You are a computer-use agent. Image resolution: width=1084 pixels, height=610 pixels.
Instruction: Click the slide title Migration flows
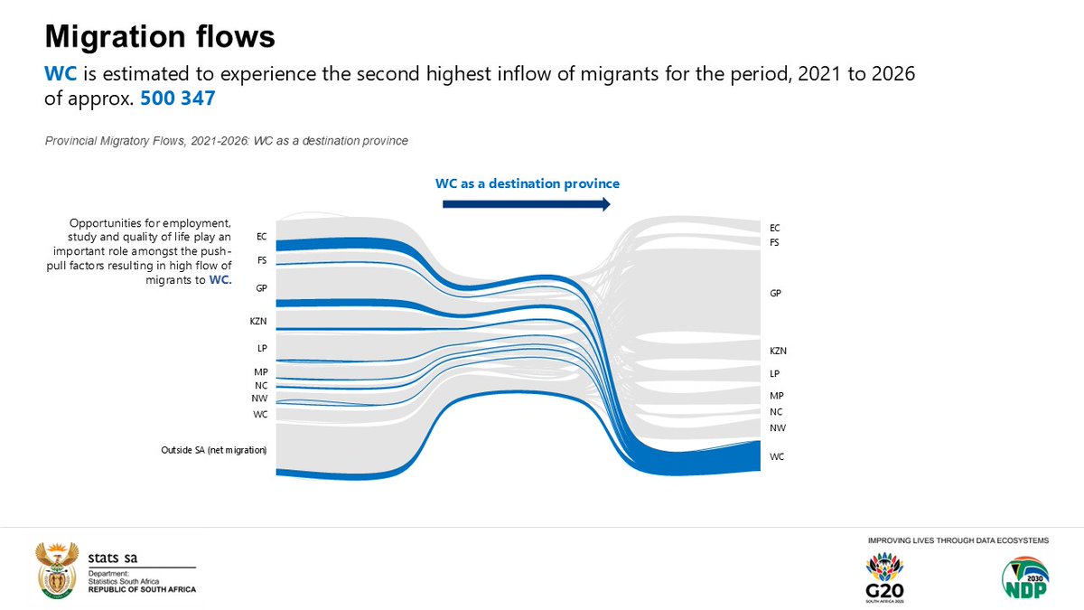click(x=160, y=37)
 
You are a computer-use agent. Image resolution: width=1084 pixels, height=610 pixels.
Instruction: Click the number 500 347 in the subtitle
click(x=177, y=99)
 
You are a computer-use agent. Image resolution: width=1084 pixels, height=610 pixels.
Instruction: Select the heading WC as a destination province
click(x=528, y=183)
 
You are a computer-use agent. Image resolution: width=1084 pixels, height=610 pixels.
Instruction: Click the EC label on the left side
click(x=262, y=237)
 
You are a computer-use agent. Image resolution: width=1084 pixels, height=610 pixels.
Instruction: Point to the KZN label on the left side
click(x=258, y=321)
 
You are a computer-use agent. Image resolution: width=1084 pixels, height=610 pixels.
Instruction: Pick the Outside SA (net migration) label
click(x=208, y=449)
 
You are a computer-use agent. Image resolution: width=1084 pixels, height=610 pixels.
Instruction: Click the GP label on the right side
click(x=775, y=294)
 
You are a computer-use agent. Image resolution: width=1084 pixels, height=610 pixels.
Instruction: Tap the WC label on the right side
click(x=776, y=457)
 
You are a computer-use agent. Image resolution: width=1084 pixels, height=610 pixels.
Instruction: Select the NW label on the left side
click(x=259, y=399)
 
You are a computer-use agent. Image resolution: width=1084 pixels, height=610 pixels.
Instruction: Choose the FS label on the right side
click(x=774, y=242)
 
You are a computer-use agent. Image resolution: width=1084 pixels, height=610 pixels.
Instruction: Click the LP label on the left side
click(x=261, y=348)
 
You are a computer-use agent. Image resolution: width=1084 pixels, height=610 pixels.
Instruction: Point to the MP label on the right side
click(x=776, y=396)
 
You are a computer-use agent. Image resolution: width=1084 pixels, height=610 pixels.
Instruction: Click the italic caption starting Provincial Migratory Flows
click(x=233, y=140)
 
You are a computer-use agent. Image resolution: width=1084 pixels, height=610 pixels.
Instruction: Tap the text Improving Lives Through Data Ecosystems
click(x=958, y=540)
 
